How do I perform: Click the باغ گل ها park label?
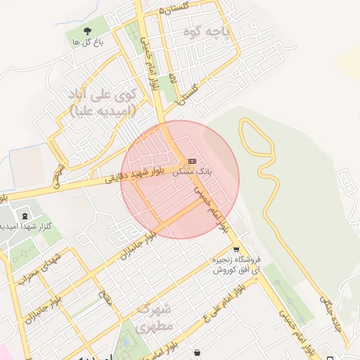[x=88, y=42]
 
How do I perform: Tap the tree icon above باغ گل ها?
[x=88, y=31]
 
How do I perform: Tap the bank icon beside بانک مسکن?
[x=192, y=161]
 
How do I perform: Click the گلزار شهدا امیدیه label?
[x=25, y=226]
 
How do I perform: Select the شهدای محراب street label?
[x=30, y=269]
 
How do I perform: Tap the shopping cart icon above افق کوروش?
[x=236, y=249]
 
